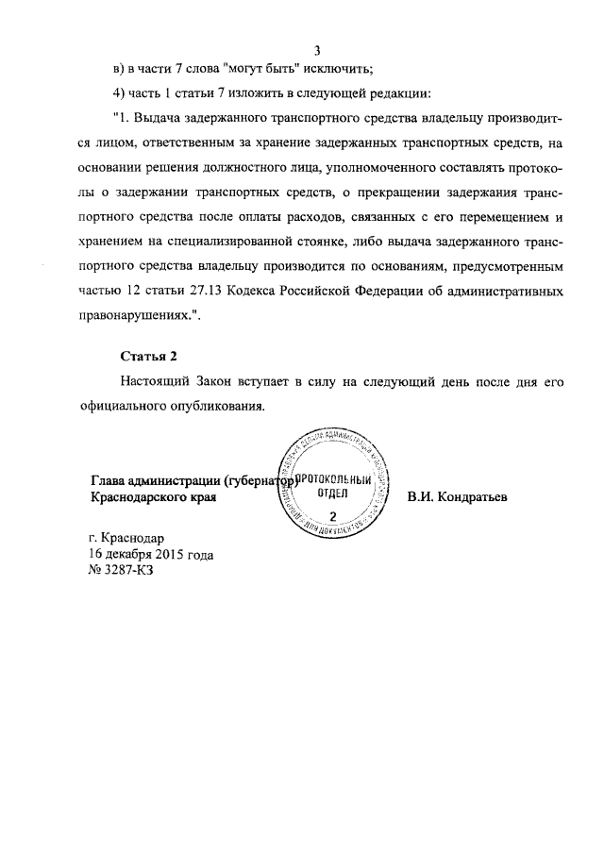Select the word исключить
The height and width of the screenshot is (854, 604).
tap(342, 69)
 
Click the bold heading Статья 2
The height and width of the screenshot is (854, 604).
tap(149, 356)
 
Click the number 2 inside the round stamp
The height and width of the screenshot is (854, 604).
tap(332, 515)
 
